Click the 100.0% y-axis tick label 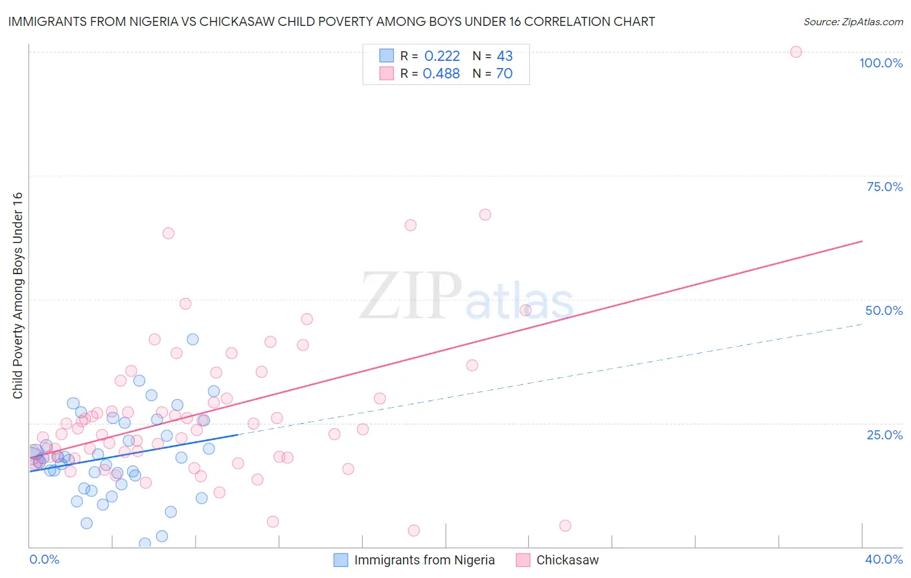point(881,63)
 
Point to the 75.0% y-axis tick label point(884,187)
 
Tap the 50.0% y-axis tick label point(884,310)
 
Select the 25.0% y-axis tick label point(884,435)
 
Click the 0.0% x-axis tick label point(44,559)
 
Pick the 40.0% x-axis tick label point(884,559)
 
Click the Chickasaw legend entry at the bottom point(567,560)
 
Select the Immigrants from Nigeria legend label point(424,560)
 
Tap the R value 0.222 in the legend point(442,56)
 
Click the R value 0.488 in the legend point(441,74)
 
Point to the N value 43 point(505,56)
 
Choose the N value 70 point(504,74)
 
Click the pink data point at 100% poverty point(796,52)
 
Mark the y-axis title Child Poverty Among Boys point(17,295)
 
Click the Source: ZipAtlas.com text point(853,22)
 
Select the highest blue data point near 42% point(192,339)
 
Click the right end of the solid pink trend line point(862,241)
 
